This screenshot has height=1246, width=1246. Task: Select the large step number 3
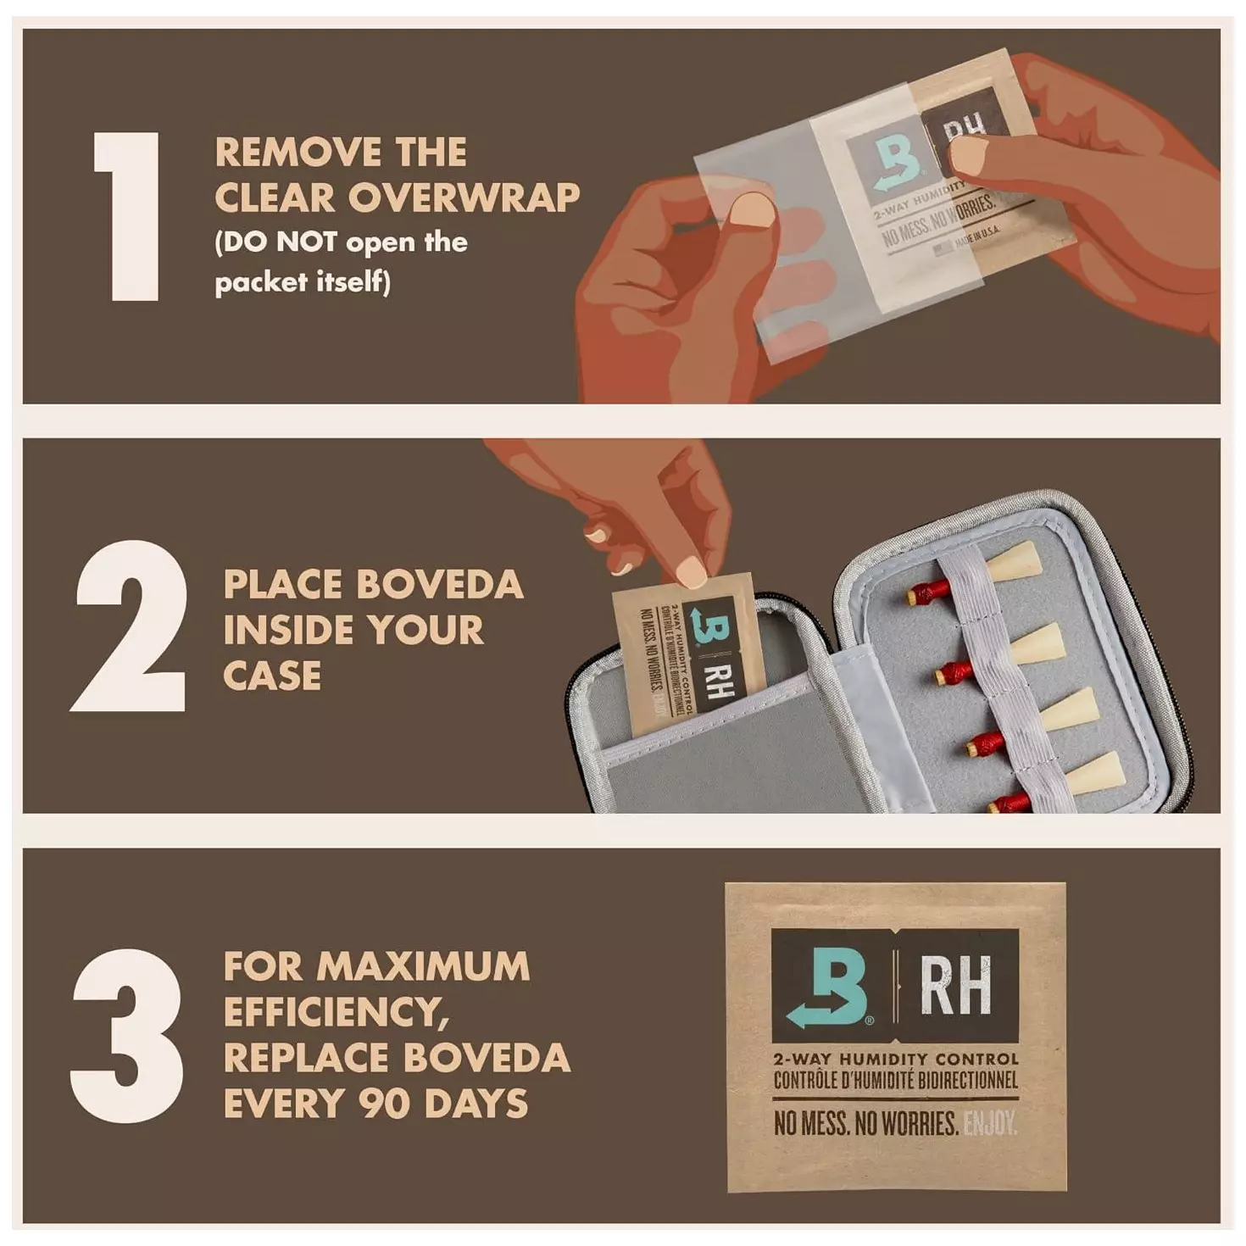point(127,1036)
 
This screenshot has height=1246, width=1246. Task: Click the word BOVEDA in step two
point(439,585)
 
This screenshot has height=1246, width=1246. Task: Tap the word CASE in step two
point(272,676)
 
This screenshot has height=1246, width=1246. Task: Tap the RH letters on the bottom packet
point(955,987)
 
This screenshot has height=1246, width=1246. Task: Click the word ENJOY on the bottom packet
point(989,1125)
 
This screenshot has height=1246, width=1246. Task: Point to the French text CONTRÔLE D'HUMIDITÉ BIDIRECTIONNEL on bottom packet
point(895,1081)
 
